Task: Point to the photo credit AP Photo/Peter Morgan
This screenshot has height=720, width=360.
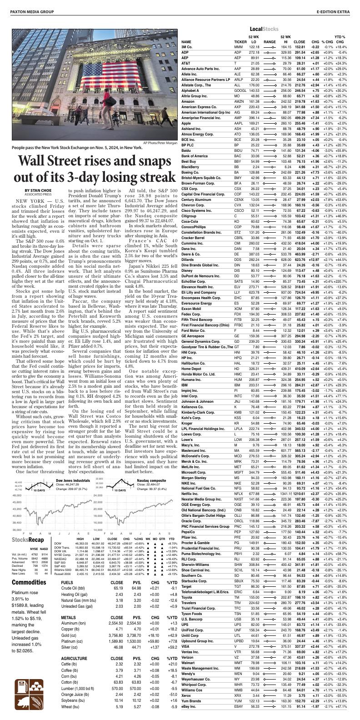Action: click(x=158, y=143)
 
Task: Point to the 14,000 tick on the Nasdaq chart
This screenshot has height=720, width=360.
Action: click(x=98, y=530)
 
